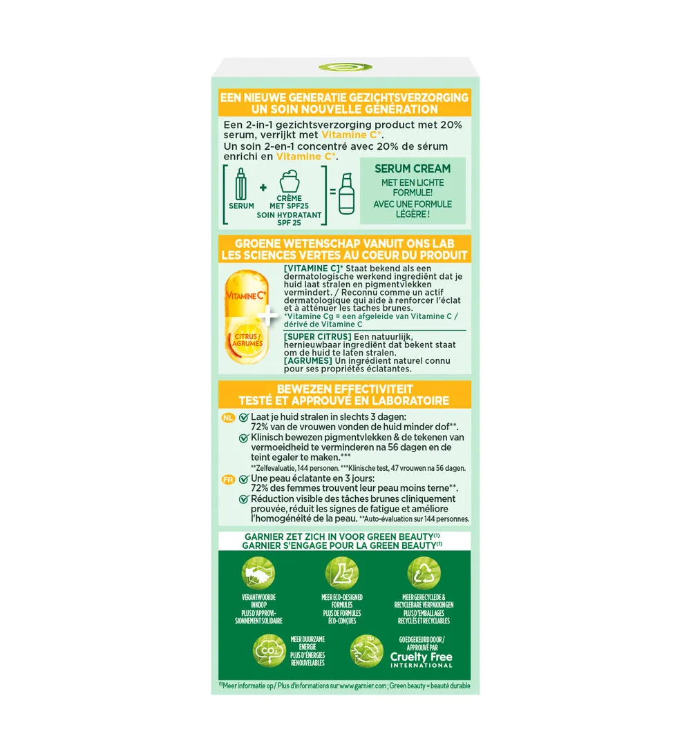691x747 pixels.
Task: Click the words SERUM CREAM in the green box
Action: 413,168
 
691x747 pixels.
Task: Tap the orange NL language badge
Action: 229,418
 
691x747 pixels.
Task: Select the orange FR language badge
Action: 229,478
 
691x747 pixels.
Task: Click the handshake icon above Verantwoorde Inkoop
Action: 258,572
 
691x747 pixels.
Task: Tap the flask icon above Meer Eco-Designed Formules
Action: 341,572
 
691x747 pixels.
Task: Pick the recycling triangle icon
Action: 424,572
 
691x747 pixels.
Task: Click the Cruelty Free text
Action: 422,657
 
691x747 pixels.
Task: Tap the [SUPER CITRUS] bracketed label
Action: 312,336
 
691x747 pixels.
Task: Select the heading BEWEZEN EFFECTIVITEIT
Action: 344,389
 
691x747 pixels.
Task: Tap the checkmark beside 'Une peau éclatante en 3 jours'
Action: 243,479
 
